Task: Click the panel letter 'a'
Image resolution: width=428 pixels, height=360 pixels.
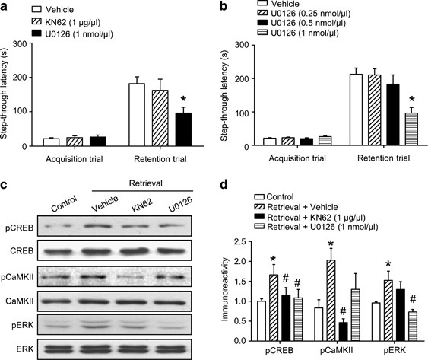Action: [6, 8]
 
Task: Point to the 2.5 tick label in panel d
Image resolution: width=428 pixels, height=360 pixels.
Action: [246, 244]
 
